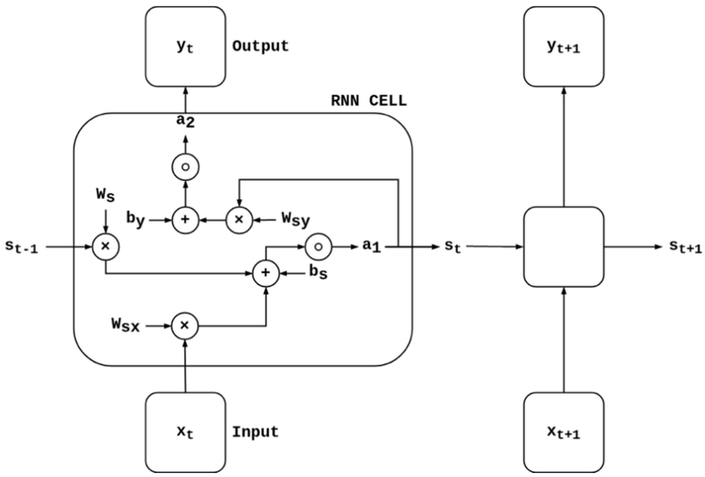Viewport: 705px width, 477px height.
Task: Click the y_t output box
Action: click(185, 47)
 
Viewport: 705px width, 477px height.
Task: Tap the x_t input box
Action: click(185, 432)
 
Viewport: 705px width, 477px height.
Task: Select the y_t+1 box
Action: click(564, 47)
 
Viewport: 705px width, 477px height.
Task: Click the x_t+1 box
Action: click(564, 432)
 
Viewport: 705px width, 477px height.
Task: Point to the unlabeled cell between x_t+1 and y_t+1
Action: click(564, 246)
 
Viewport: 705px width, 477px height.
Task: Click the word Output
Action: click(260, 47)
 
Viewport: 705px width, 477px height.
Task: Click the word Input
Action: click(255, 432)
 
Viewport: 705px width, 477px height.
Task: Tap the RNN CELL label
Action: click(368, 101)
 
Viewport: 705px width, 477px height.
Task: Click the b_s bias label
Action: click(318, 272)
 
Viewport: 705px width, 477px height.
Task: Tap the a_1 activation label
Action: click(372, 246)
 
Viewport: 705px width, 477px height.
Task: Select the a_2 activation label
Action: click(185, 121)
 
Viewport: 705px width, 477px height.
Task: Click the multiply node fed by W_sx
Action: click(185, 326)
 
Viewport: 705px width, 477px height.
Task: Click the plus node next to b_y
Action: click(185, 220)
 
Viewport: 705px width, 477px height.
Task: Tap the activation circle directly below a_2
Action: click(185, 167)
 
